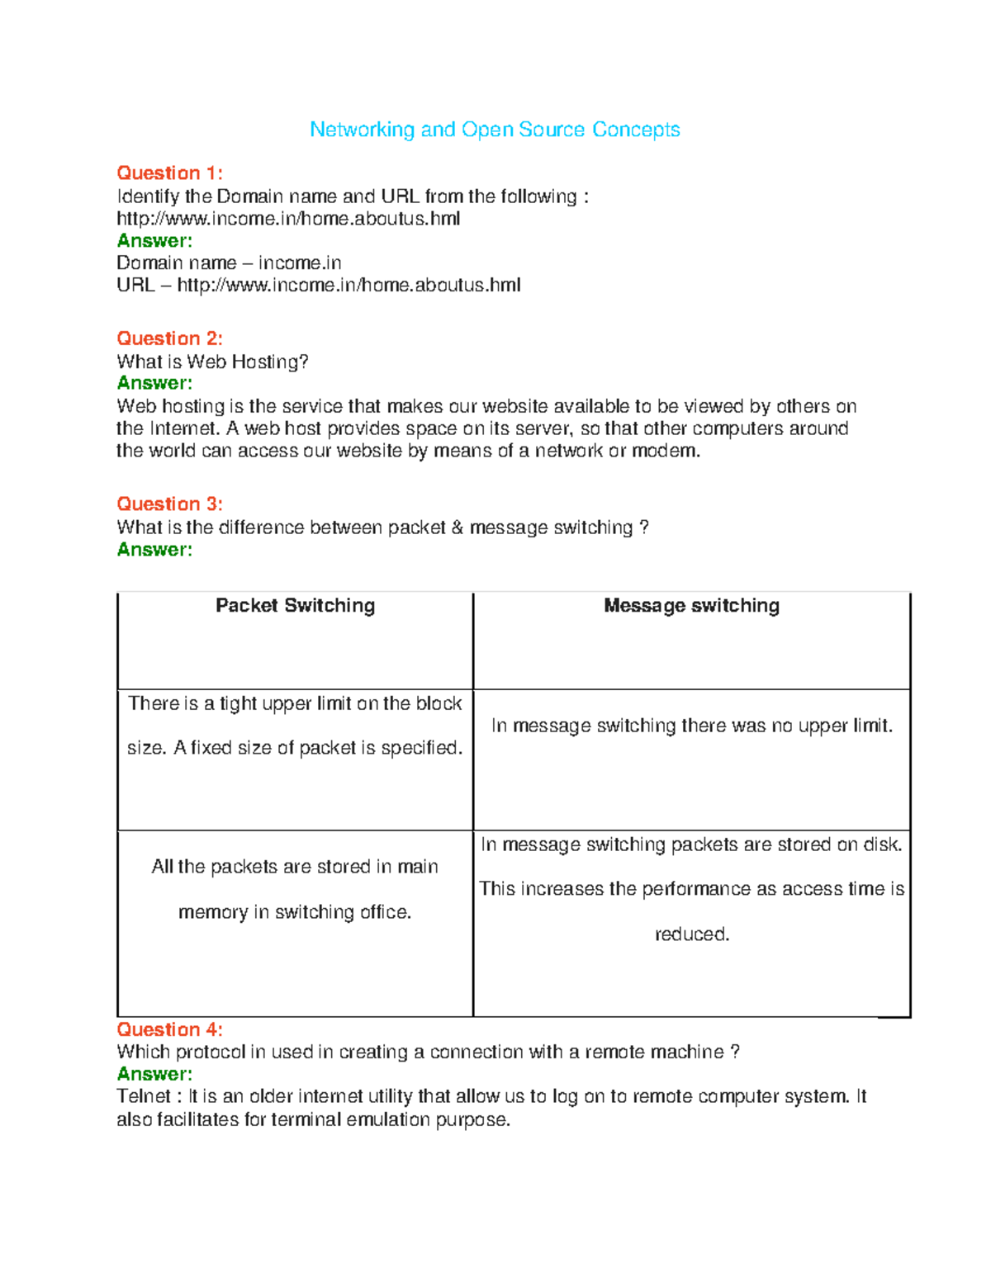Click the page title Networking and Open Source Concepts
click(x=495, y=130)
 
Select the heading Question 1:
click(x=169, y=173)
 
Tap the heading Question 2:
click(x=169, y=338)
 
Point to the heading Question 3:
click(x=169, y=504)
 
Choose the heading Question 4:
click(x=169, y=1029)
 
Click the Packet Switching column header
click(x=295, y=606)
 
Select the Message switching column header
click(x=691, y=606)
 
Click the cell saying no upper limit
click(x=691, y=726)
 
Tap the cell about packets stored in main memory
click(x=295, y=889)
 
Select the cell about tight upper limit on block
click(x=295, y=726)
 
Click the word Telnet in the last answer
click(x=144, y=1096)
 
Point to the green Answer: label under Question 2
click(x=154, y=383)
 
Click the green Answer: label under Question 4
click(x=154, y=1074)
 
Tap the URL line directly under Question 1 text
click(x=288, y=219)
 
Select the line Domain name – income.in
click(x=229, y=263)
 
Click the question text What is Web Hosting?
click(x=212, y=362)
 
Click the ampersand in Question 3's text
click(x=458, y=527)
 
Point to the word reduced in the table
click(x=691, y=934)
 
